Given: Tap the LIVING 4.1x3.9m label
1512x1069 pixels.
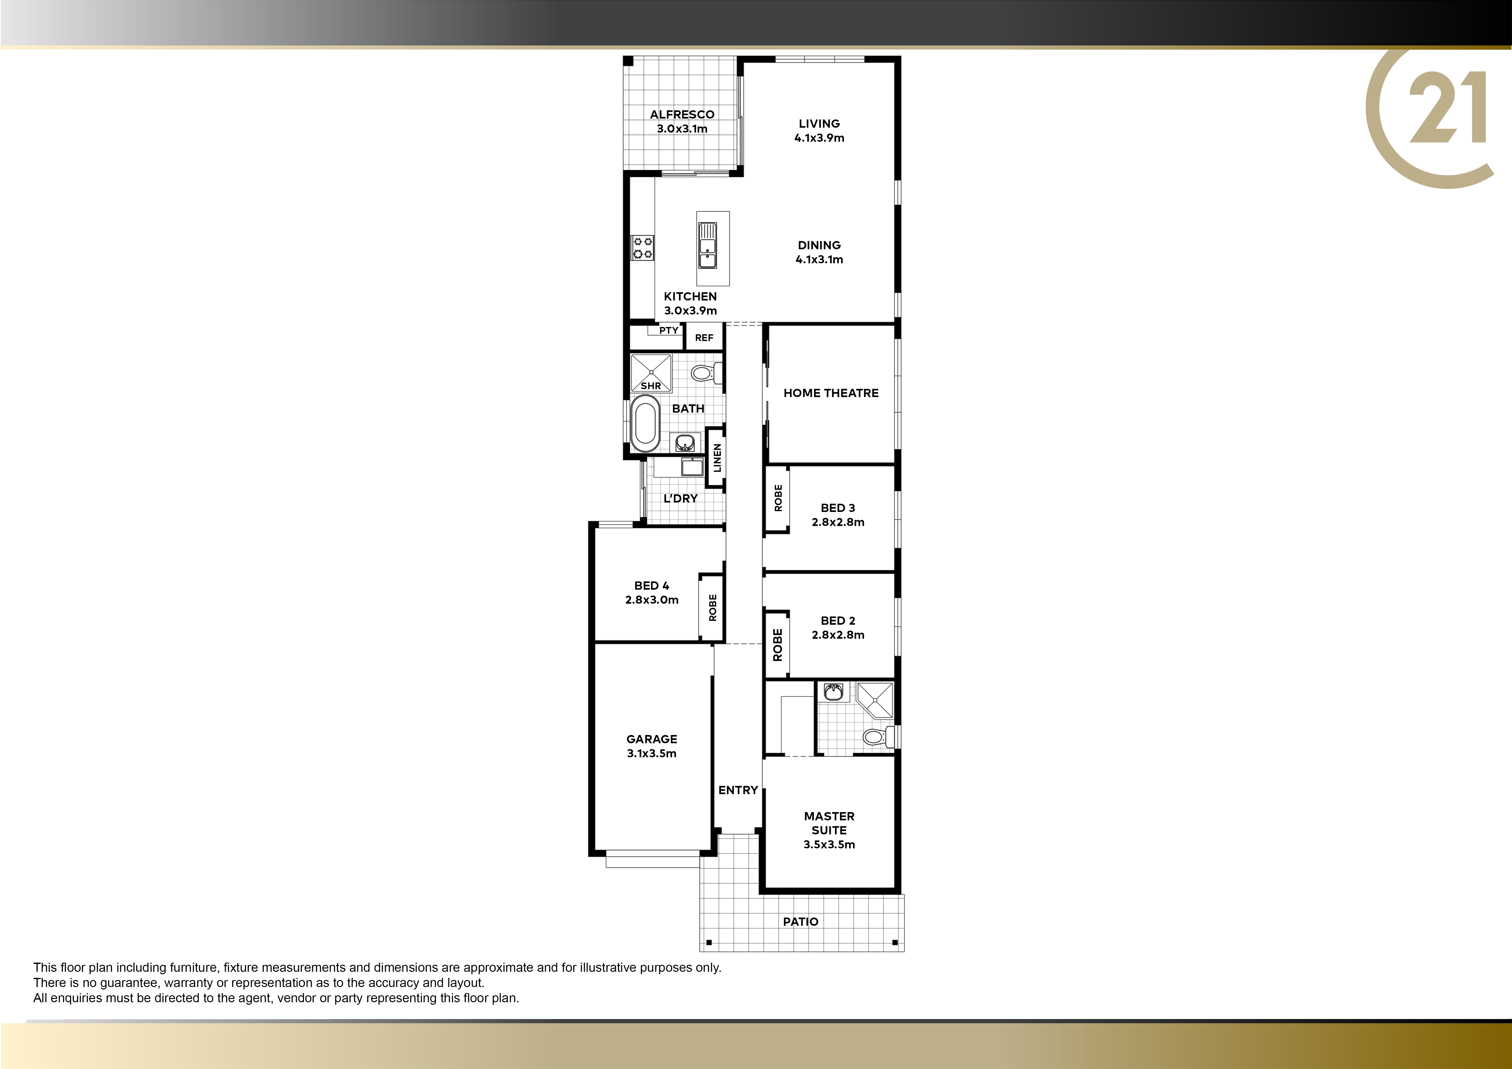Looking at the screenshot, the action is tap(819, 130).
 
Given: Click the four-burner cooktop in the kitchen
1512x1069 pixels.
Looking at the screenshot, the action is tap(643, 247).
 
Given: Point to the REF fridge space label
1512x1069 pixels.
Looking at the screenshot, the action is tap(704, 338).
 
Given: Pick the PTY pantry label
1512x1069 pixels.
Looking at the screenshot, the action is tap(668, 330).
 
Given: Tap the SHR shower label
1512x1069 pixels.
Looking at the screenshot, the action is tap(651, 386).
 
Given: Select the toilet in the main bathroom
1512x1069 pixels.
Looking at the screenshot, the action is tap(706, 373).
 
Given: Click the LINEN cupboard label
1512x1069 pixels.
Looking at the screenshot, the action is tap(717, 457).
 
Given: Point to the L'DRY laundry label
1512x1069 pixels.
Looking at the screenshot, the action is tap(680, 498).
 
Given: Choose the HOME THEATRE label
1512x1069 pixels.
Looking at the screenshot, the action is tap(831, 393).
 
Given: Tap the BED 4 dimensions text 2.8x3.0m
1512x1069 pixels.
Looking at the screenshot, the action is tap(652, 600).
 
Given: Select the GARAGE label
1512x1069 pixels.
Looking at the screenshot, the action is tap(652, 739).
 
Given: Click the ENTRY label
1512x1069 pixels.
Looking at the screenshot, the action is tap(738, 790).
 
